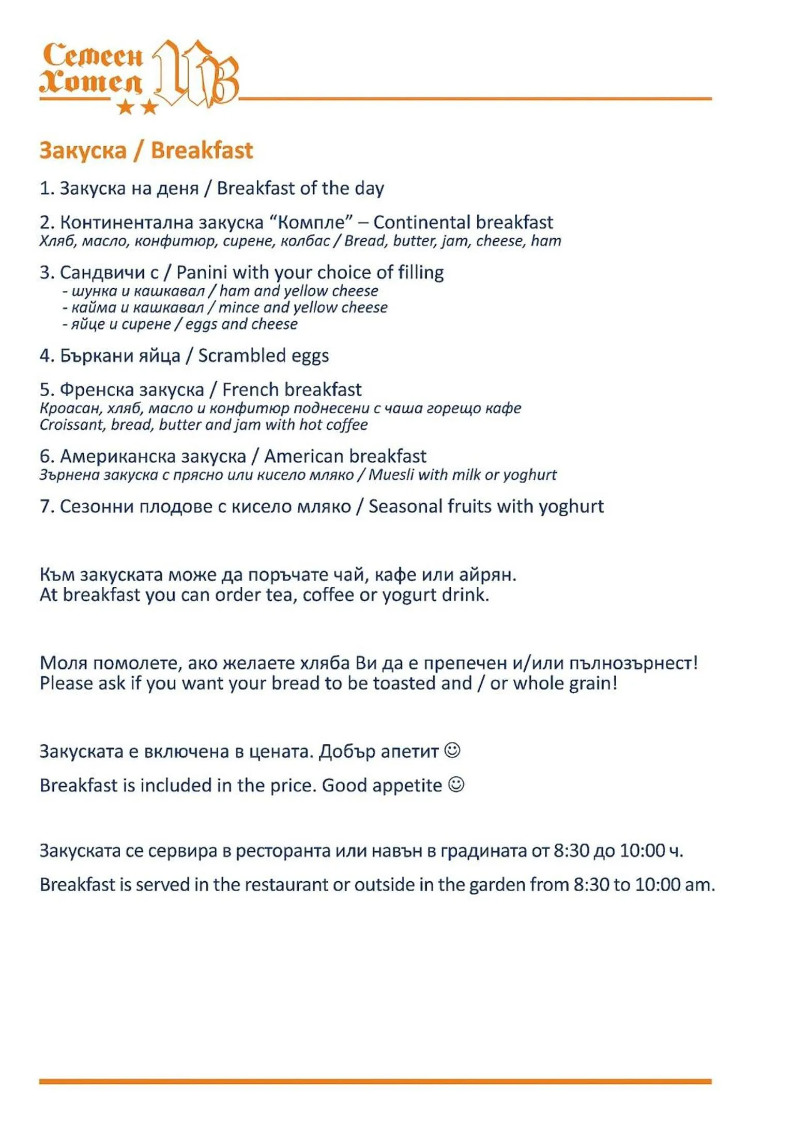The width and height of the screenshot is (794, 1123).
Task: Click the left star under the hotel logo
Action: [x=125, y=107]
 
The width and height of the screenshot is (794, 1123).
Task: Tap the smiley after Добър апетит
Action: [x=452, y=750]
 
